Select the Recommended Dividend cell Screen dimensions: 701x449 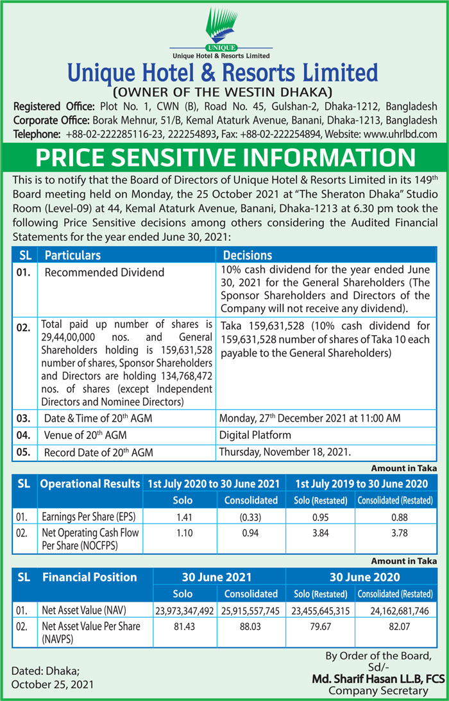[x=104, y=272]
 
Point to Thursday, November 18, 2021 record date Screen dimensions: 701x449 [x=285, y=451]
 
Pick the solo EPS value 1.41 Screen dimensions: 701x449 [x=180, y=516]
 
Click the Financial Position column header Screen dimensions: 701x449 [x=90, y=577]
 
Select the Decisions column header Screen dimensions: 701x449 [x=248, y=255]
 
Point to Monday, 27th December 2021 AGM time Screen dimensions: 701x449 [x=310, y=418]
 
